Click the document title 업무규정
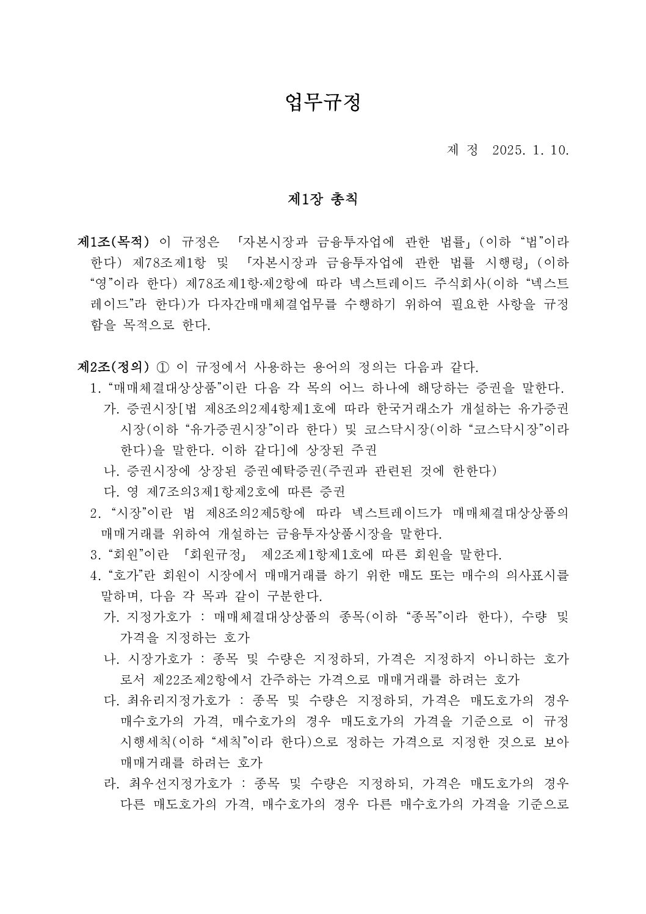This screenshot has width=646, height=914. click(323, 102)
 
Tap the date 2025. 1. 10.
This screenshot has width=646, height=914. click(530, 150)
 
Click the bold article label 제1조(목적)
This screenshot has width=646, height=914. click(114, 241)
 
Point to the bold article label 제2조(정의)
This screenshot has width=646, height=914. click(114, 367)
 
